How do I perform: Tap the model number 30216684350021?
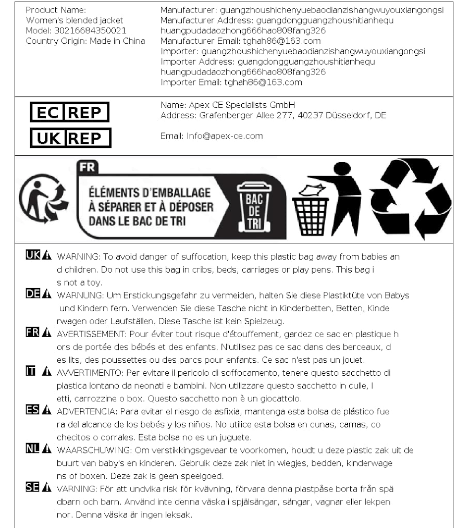[90, 31]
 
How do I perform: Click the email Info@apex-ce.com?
[225, 136]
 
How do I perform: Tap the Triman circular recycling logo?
[43, 199]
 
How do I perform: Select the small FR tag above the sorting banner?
[85, 168]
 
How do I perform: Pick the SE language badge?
[33, 487]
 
